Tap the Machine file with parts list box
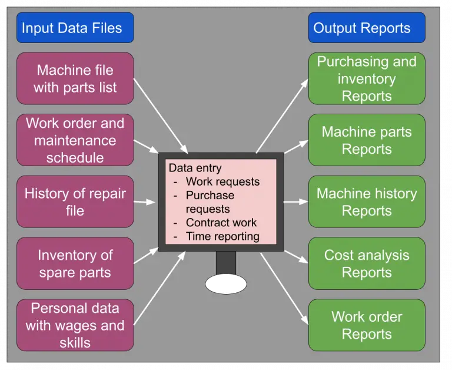pos(75,78)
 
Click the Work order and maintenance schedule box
pos(75,140)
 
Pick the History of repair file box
pos(75,201)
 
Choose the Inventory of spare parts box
pos(75,263)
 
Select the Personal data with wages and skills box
pos(75,325)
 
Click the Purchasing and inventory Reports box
pos(366,78)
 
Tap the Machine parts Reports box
pos(366,140)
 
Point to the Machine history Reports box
pos(366,201)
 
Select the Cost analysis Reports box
pos(366,263)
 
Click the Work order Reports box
pos(366,325)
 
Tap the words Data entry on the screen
pos(195,168)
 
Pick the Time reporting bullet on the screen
pos(222,236)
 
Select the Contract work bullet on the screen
pos(221,223)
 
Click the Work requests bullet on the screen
pos(222,181)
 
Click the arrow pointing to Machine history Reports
pos(296,201)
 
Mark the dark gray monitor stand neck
pos(225,263)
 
